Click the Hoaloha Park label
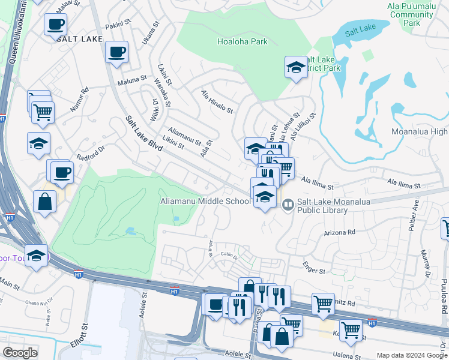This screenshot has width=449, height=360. tap(242, 41)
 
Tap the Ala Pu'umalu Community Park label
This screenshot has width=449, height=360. tap(411, 14)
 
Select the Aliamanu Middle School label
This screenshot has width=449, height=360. tap(205, 202)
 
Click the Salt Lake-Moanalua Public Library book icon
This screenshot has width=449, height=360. tap(288, 205)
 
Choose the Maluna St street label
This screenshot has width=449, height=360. tap(132, 79)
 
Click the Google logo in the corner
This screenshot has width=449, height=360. tap(20, 353)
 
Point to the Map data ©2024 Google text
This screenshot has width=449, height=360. tap(411, 355)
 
